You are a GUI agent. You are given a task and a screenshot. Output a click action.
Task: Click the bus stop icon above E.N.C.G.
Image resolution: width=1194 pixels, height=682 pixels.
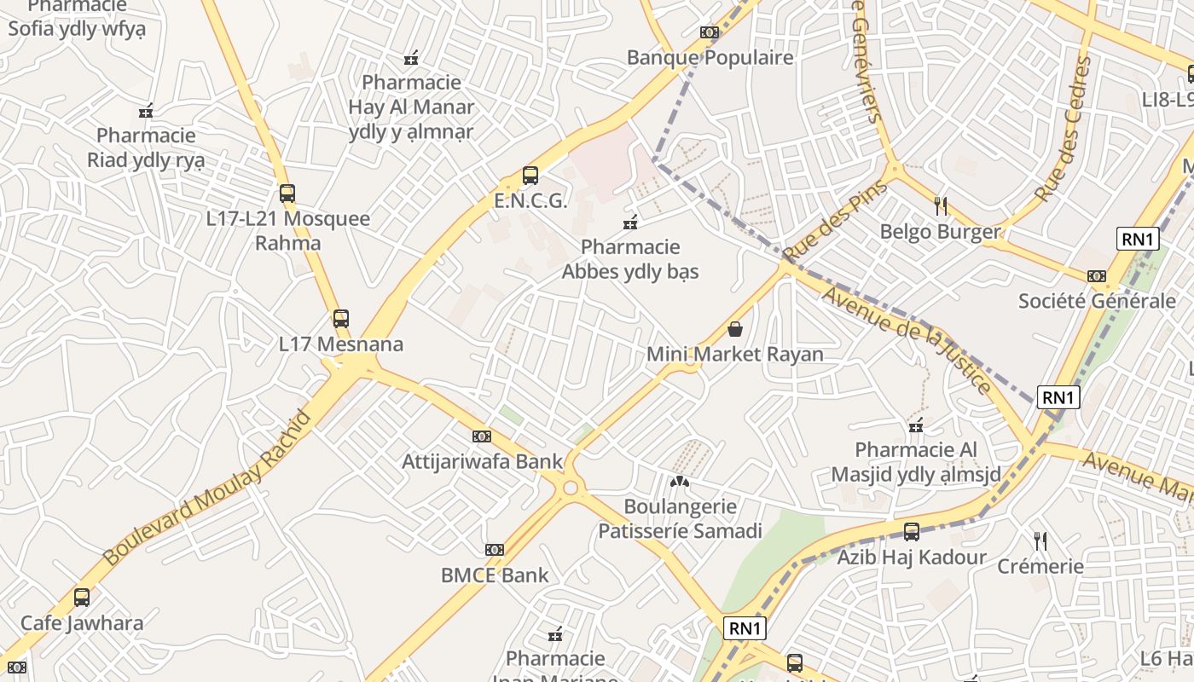click(530, 176)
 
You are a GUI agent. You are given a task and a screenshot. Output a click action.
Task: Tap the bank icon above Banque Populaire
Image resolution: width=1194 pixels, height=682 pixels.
click(709, 32)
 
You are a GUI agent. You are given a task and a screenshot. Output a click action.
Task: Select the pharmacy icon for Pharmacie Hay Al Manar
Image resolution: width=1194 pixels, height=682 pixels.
click(411, 58)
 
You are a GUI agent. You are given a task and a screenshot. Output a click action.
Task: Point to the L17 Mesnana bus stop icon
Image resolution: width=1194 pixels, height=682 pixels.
click(341, 319)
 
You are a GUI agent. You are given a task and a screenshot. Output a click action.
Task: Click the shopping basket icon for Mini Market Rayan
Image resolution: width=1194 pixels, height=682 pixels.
click(735, 329)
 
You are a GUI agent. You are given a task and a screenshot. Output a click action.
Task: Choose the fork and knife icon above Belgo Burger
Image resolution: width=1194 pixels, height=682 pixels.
click(941, 205)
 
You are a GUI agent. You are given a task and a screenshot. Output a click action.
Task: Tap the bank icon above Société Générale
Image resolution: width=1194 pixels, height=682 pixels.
click(1097, 275)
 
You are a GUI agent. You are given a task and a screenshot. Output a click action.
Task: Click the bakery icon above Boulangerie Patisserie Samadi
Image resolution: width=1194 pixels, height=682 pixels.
click(679, 482)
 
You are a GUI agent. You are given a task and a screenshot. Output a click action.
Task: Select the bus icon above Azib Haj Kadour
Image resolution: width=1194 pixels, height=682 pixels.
click(912, 532)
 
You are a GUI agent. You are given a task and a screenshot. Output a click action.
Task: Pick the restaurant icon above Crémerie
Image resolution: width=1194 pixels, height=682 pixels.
click(1040, 540)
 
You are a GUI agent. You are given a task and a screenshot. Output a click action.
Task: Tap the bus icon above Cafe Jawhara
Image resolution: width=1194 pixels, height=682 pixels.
click(82, 598)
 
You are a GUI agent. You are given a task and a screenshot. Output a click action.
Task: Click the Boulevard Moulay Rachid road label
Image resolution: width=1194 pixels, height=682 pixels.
click(207, 488)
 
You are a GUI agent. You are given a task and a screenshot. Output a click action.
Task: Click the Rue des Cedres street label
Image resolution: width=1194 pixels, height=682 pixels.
click(1063, 130)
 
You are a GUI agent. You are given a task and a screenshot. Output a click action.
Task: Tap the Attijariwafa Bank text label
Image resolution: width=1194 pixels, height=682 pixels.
click(483, 462)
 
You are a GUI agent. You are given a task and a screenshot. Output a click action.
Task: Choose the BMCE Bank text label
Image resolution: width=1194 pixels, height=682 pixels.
click(496, 575)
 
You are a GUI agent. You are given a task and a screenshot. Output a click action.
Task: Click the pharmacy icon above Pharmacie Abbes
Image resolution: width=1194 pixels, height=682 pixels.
click(630, 223)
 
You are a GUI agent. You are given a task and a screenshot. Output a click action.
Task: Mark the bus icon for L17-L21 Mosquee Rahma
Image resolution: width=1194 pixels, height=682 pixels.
click(287, 194)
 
